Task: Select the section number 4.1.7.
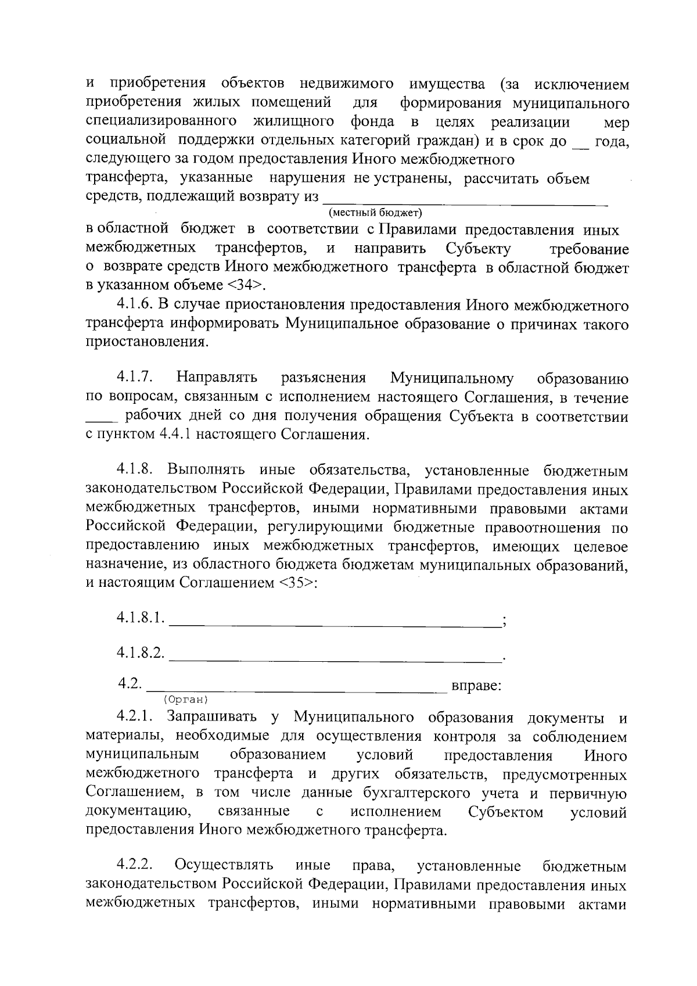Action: [x=134, y=378]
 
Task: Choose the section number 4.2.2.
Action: [x=134, y=866]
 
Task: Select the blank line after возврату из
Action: [x=465, y=200]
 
